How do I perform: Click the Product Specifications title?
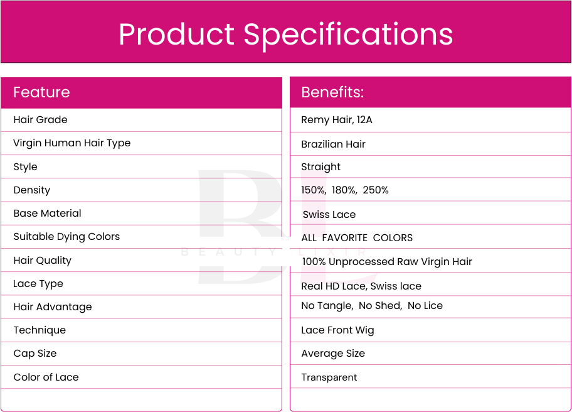pyautogui.click(x=285, y=35)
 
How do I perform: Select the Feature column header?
pyautogui.click(x=41, y=92)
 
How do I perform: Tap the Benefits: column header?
pyautogui.click(x=332, y=92)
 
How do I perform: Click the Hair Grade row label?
pyautogui.click(x=41, y=119)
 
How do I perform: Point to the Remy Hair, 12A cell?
pyautogui.click(x=337, y=120)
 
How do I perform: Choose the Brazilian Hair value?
pyautogui.click(x=333, y=144)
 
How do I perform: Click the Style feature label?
pyautogui.click(x=25, y=167)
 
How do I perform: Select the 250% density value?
pyautogui.click(x=375, y=190)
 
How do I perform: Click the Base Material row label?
pyautogui.click(x=48, y=214)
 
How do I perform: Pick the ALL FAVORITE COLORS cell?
pyautogui.click(x=357, y=238)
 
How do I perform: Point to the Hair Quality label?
pyautogui.click(x=42, y=261)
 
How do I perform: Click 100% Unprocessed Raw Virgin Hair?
pyautogui.click(x=387, y=261)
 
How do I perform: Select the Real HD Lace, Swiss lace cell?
pyautogui.click(x=361, y=286)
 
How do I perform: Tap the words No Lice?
pyautogui.click(x=425, y=305)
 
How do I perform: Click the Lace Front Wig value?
pyautogui.click(x=337, y=330)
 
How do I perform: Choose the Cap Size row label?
pyautogui.click(x=35, y=354)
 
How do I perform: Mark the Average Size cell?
pyautogui.click(x=333, y=354)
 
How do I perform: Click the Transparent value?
pyautogui.click(x=329, y=377)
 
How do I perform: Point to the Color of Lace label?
pyautogui.click(x=46, y=377)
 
